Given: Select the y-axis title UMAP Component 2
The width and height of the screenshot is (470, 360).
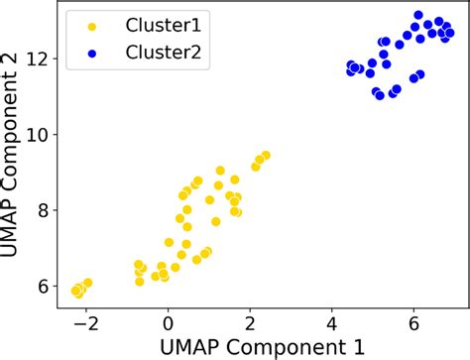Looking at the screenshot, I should (14, 155).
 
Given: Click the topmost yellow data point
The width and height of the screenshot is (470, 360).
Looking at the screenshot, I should (265, 155).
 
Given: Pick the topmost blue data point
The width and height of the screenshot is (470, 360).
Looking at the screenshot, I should (418, 16).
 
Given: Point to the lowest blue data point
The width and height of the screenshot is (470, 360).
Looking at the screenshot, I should (380, 95).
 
